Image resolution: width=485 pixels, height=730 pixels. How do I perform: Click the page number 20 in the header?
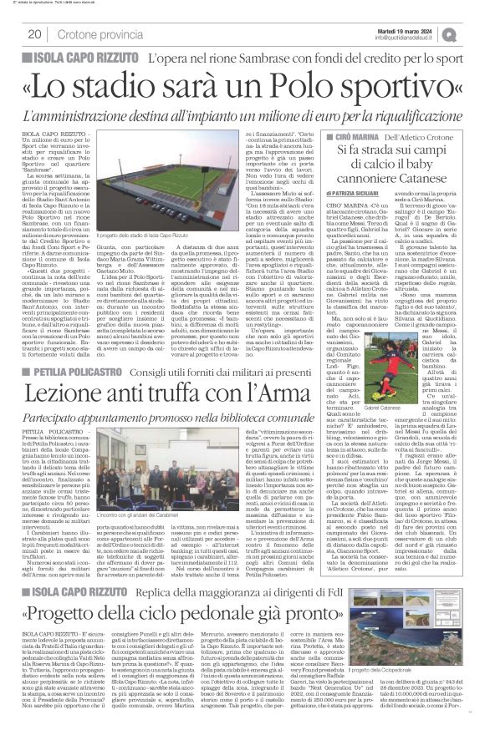(35, 34)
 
